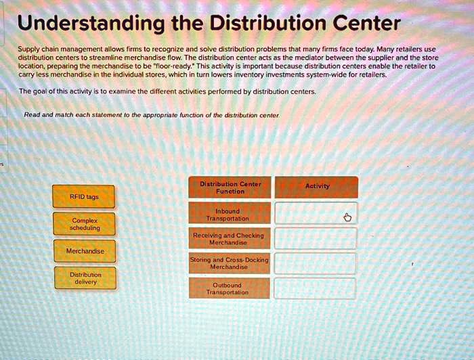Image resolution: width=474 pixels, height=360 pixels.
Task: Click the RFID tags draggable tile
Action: pos(85,196)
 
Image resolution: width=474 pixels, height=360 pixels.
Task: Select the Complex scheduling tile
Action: pos(85,224)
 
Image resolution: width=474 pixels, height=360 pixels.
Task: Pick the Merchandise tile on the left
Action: pos(85,251)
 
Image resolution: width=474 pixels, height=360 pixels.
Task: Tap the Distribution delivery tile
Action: pos(85,278)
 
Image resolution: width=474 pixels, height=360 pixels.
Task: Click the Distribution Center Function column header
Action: pos(230,187)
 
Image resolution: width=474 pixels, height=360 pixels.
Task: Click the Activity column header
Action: pos(317,186)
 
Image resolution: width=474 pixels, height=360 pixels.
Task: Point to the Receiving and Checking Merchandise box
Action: pos(230,238)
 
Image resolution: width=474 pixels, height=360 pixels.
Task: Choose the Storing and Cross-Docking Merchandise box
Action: pos(230,263)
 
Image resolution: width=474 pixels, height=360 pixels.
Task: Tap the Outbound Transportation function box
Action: pos(230,289)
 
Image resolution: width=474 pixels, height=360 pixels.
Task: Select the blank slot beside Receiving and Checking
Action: pos(315,238)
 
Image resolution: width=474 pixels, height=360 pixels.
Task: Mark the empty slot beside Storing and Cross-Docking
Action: pos(315,263)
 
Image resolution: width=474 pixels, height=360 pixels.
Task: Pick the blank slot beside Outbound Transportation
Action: pos(315,289)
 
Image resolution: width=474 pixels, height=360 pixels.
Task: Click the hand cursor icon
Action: pos(347,217)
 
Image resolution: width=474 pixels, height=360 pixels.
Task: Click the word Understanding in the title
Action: pos(91,24)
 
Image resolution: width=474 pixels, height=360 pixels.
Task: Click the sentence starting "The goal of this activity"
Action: pos(167,91)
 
